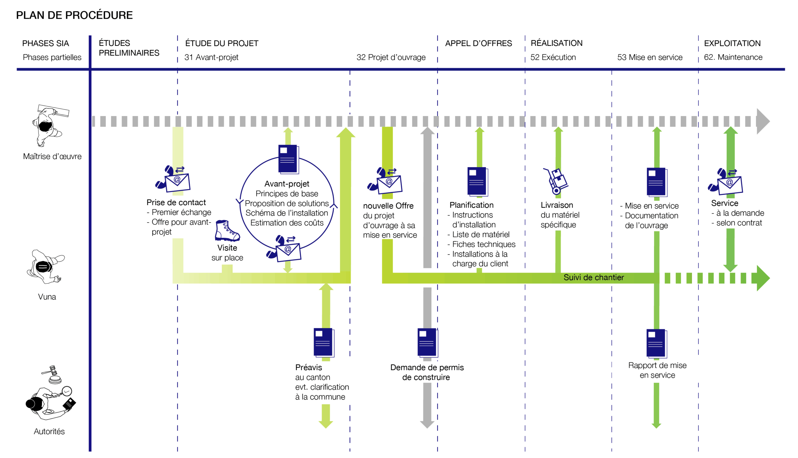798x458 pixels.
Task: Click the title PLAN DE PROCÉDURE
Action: click(74, 15)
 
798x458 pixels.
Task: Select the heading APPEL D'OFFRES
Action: click(478, 43)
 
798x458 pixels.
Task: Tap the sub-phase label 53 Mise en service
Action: click(650, 57)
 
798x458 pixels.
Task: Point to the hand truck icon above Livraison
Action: click(555, 181)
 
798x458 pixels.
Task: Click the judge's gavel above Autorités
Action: click(53, 374)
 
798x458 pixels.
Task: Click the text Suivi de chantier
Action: click(593, 277)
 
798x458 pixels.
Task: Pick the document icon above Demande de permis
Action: click(428, 343)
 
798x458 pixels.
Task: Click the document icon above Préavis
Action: click(324, 343)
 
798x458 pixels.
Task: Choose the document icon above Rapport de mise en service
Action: click(656, 343)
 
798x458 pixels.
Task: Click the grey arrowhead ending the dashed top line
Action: click(763, 121)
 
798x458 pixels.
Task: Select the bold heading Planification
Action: click(471, 205)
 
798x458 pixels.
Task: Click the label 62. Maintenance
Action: click(733, 57)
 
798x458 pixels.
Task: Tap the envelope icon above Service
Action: click(725, 181)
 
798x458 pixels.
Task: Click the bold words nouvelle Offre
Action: click(388, 206)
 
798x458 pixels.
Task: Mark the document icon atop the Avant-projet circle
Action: click(288, 159)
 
